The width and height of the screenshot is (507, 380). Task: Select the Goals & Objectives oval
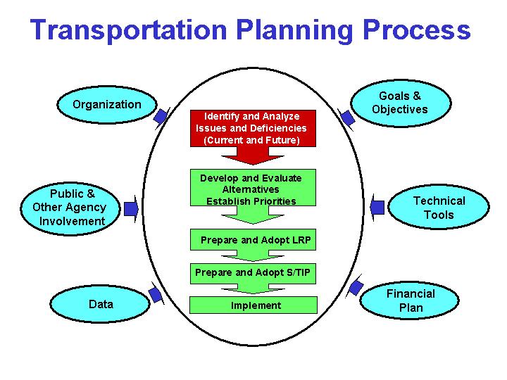(x=399, y=103)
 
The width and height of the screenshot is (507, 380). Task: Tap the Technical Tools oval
(x=439, y=208)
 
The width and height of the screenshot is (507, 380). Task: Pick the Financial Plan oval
(x=411, y=300)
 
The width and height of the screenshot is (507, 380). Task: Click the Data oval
(x=101, y=304)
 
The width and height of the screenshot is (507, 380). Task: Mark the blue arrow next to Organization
(x=161, y=116)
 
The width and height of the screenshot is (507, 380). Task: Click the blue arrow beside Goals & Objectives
(x=347, y=117)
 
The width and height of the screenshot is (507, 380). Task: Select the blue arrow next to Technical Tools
(x=377, y=207)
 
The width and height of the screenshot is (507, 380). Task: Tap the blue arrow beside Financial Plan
(x=356, y=288)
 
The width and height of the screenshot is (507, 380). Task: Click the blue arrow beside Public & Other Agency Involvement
(x=131, y=208)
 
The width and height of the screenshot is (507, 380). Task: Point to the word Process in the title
(x=415, y=30)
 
